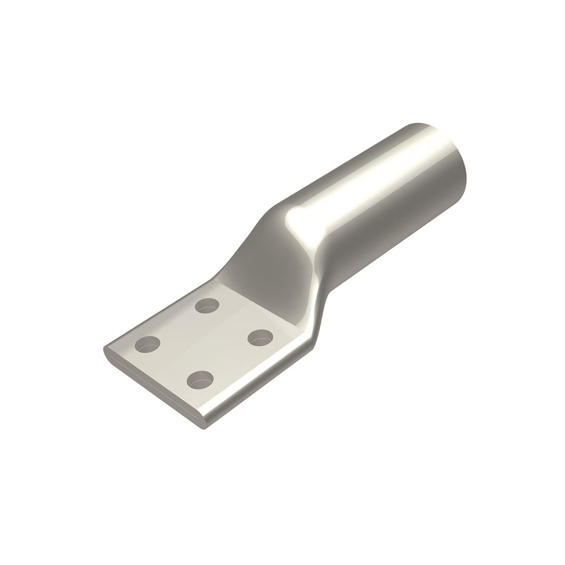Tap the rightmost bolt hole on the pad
coord(260,337)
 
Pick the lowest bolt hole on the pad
coord(200,379)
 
